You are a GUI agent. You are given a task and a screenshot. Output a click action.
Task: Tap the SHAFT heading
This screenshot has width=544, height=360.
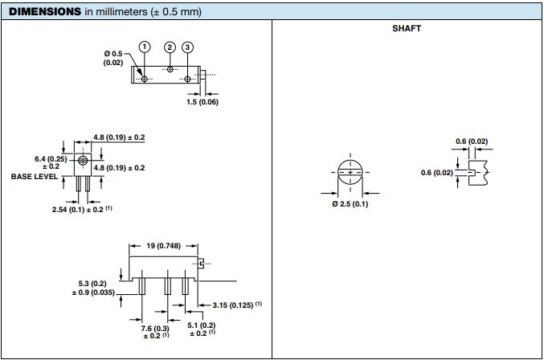click(x=407, y=28)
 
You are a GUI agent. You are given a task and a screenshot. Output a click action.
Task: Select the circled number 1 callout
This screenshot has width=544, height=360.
click(x=145, y=47)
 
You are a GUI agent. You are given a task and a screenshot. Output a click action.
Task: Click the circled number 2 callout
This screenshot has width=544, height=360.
click(x=170, y=47)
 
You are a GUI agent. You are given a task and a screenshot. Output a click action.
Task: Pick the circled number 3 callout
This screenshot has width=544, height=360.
click(x=187, y=47)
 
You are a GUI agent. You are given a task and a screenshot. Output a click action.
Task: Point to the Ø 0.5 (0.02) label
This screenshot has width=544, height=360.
click(x=112, y=58)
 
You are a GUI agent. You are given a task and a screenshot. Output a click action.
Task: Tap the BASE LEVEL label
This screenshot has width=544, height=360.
click(x=33, y=176)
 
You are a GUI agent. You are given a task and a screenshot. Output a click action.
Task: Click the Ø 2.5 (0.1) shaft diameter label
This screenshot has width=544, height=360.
click(x=350, y=204)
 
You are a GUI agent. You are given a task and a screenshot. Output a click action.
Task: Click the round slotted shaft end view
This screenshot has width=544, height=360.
click(x=350, y=173)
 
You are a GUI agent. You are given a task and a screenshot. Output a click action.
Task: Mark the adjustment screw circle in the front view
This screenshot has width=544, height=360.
click(x=84, y=160)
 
